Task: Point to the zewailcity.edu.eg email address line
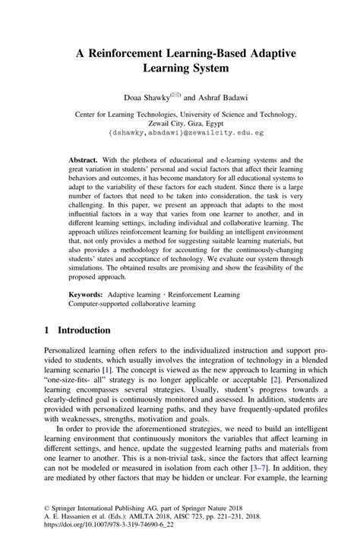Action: (180, 131)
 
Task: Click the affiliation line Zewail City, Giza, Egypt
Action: (180, 122)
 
